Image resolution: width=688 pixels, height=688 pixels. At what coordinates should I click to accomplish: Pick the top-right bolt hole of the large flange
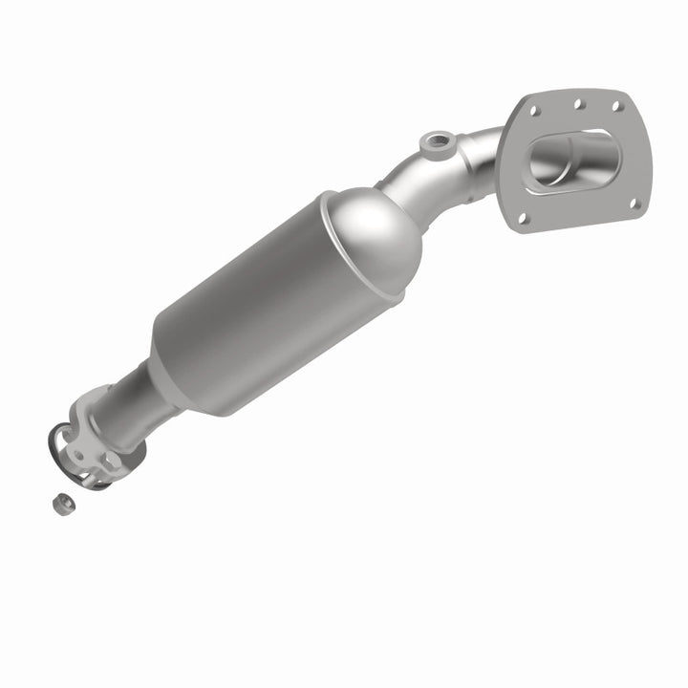(x=617, y=107)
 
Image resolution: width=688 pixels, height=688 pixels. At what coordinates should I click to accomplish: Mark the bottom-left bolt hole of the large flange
(x=522, y=218)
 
